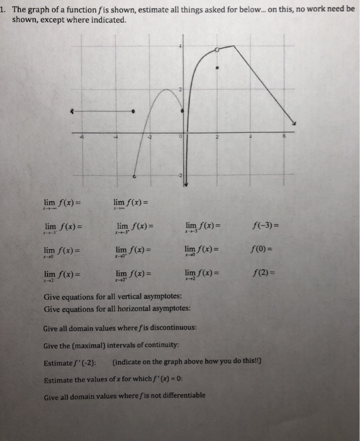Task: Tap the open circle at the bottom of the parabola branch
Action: click(134, 178)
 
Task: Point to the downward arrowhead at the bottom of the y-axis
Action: click(182, 186)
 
